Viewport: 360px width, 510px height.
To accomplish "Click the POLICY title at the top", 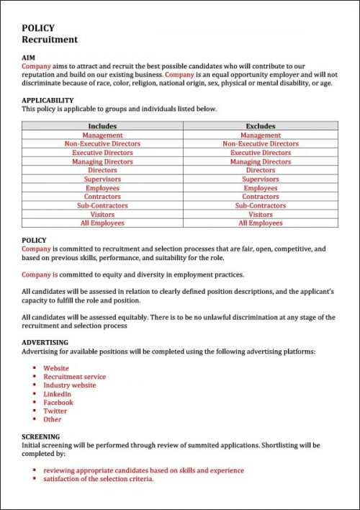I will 38,28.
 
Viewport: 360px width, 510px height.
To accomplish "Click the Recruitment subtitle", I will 50,40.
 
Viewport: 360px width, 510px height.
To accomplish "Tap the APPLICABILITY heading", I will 48,100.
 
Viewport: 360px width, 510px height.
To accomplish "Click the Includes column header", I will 102,126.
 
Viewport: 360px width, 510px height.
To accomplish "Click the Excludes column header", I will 261,126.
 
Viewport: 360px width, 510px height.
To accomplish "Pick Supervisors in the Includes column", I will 102,179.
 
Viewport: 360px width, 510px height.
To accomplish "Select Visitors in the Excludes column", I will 261,215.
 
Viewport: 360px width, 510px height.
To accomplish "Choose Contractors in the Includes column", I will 102,197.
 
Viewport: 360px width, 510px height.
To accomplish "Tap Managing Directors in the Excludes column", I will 261,162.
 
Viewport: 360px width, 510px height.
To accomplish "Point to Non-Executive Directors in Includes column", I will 102,144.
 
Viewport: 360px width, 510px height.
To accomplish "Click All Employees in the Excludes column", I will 261,223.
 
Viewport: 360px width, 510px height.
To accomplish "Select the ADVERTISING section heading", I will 45,342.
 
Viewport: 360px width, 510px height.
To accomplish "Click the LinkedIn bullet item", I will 58,394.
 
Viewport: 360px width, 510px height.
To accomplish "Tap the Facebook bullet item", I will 58,403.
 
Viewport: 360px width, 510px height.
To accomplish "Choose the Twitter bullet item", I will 55,411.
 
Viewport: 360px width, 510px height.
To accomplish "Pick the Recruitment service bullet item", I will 74,377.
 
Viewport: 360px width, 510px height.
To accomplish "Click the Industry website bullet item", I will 69,385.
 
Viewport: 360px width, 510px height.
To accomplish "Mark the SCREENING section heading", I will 41,437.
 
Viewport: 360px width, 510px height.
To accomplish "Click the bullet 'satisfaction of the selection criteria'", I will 98,479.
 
